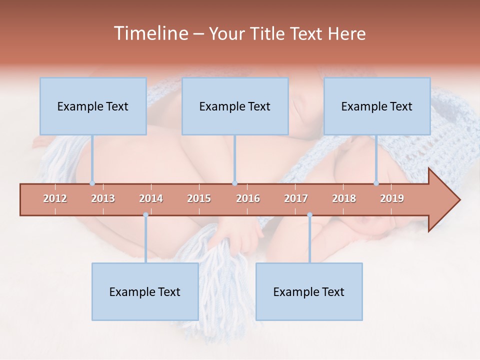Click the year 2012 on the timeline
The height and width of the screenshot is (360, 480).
(55, 198)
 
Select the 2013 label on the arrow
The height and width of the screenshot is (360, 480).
(103, 198)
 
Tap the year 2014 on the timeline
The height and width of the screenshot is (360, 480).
(151, 198)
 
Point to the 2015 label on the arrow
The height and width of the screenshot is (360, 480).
(199, 198)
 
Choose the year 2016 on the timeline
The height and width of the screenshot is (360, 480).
(248, 198)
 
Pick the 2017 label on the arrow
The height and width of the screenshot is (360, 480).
(296, 198)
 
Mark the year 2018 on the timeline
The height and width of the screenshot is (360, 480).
(344, 198)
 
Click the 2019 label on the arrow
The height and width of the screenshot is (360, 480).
(392, 198)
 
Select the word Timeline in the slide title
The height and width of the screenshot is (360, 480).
(150, 33)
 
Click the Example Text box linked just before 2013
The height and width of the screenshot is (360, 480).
(93, 106)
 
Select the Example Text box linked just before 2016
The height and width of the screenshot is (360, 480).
(235, 106)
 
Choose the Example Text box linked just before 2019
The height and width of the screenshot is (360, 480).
(377, 106)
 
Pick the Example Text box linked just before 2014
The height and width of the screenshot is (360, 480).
(145, 291)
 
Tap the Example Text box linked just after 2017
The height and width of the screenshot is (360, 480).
(309, 291)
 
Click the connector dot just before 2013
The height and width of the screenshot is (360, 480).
(92, 183)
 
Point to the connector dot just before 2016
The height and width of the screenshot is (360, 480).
(234, 183)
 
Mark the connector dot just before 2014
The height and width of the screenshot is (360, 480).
(145, 215)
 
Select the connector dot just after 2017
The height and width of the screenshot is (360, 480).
(309, 215)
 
